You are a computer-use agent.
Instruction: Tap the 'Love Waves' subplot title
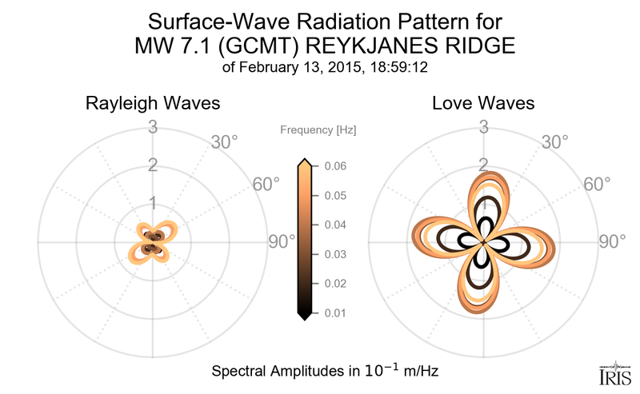[483, 104]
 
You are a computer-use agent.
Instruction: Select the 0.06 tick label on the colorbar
[336, 166]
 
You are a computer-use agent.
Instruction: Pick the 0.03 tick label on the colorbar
[336, 254]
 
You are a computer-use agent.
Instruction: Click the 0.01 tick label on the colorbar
[336, 312]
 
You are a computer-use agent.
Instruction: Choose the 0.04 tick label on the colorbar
[336, 225]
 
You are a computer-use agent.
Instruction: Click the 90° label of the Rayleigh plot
[282, 241]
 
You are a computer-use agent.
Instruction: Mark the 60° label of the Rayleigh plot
[266, 185]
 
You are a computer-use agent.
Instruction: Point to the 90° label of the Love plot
[613, 241]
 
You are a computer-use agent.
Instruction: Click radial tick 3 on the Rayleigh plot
[151, 126]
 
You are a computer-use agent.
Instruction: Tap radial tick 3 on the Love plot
[483, 126]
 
